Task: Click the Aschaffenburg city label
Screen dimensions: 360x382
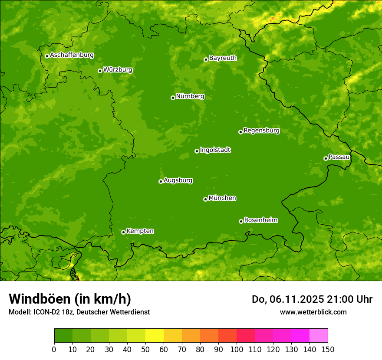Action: pyautogui.click(x=72, y=55)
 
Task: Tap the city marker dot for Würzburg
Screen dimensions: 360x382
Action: pyautogui.click(x=100, y=71)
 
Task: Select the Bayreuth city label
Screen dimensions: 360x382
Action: pyautogui.click(x=223, y=58)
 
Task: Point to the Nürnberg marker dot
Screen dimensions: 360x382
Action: pyautogui.click(x=173, y=98)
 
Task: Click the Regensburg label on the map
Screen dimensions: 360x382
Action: pyautogui.click(x=261, y=131)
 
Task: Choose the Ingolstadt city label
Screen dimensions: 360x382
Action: pyautogui.click(x=215, y=150)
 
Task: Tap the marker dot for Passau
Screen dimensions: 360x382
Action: pyautogui.click(x=326, y=158)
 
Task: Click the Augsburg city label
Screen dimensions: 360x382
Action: pyautogui.click(x=178, y=180)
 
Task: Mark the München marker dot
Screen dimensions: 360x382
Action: pyautogui.click(x=205, y=199)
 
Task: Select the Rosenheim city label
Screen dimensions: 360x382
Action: pyautogui.click(x=260, y=220)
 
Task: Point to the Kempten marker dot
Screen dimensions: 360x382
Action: pyautogui.click(x=123, y=232)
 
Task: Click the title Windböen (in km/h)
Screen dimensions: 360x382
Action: pyautogui.click(x=70, y=299)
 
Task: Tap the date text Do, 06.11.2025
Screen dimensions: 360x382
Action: pyautogui.click(x=288, y=299)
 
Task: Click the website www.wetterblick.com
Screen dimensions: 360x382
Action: pyautogui.click(x=313, y=312)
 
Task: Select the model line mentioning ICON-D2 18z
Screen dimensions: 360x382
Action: pyautogui.click(x=79, y=312)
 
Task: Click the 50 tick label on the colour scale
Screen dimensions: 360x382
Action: pyautogui.click(x=145, y=349)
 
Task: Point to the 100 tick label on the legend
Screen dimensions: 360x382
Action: pyautogui.click(x=237, y=349)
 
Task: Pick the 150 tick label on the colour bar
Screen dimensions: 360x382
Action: pyautogui.click(x=328, y=349)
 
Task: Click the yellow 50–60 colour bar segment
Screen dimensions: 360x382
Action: pyautogui.click(x=155, y=336)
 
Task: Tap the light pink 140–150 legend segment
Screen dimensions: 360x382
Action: pyautogui.click(x=319, y=336)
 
